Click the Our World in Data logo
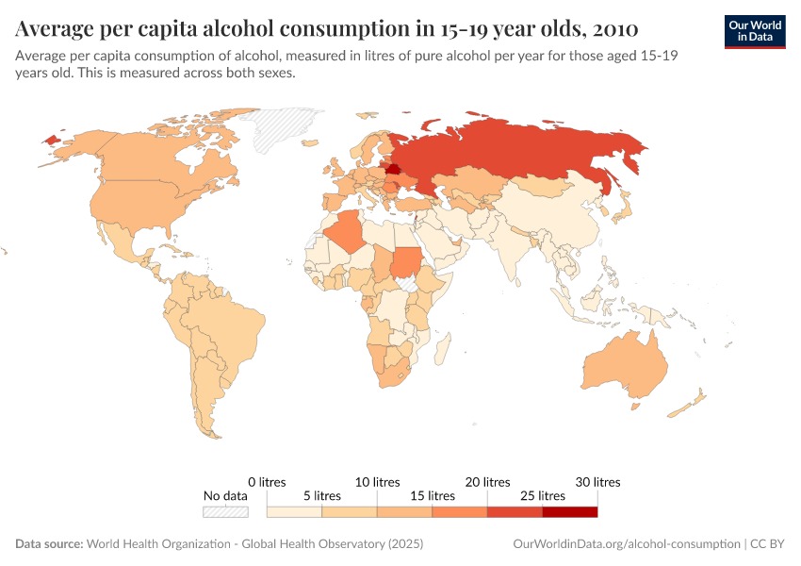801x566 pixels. coord(755,31)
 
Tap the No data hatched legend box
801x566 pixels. coord(225,511)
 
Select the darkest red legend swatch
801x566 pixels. coord(569,511)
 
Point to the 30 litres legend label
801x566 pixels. coord(597,482)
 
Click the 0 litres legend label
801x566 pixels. coord(267,482)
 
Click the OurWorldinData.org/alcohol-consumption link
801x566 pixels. coord(627,544)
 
